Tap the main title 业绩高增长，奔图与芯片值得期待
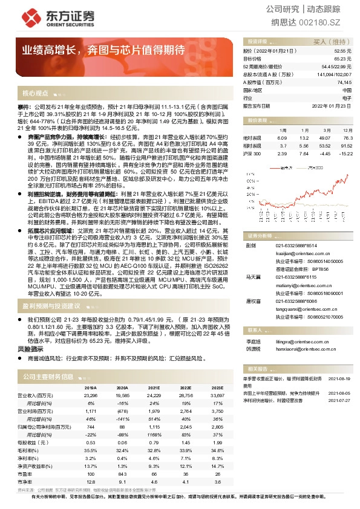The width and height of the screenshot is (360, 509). pyautogui.click(x=103, y=50)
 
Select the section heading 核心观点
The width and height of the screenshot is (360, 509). pyautogui.click(x=35, y=94)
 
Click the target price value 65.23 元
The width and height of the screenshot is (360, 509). pyautogui.click(x=342, y=59)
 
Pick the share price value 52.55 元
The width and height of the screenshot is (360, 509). pyautogui.click(x=342, y=52)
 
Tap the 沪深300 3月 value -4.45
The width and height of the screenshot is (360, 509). pyautogui.click(x=324, y=154)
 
